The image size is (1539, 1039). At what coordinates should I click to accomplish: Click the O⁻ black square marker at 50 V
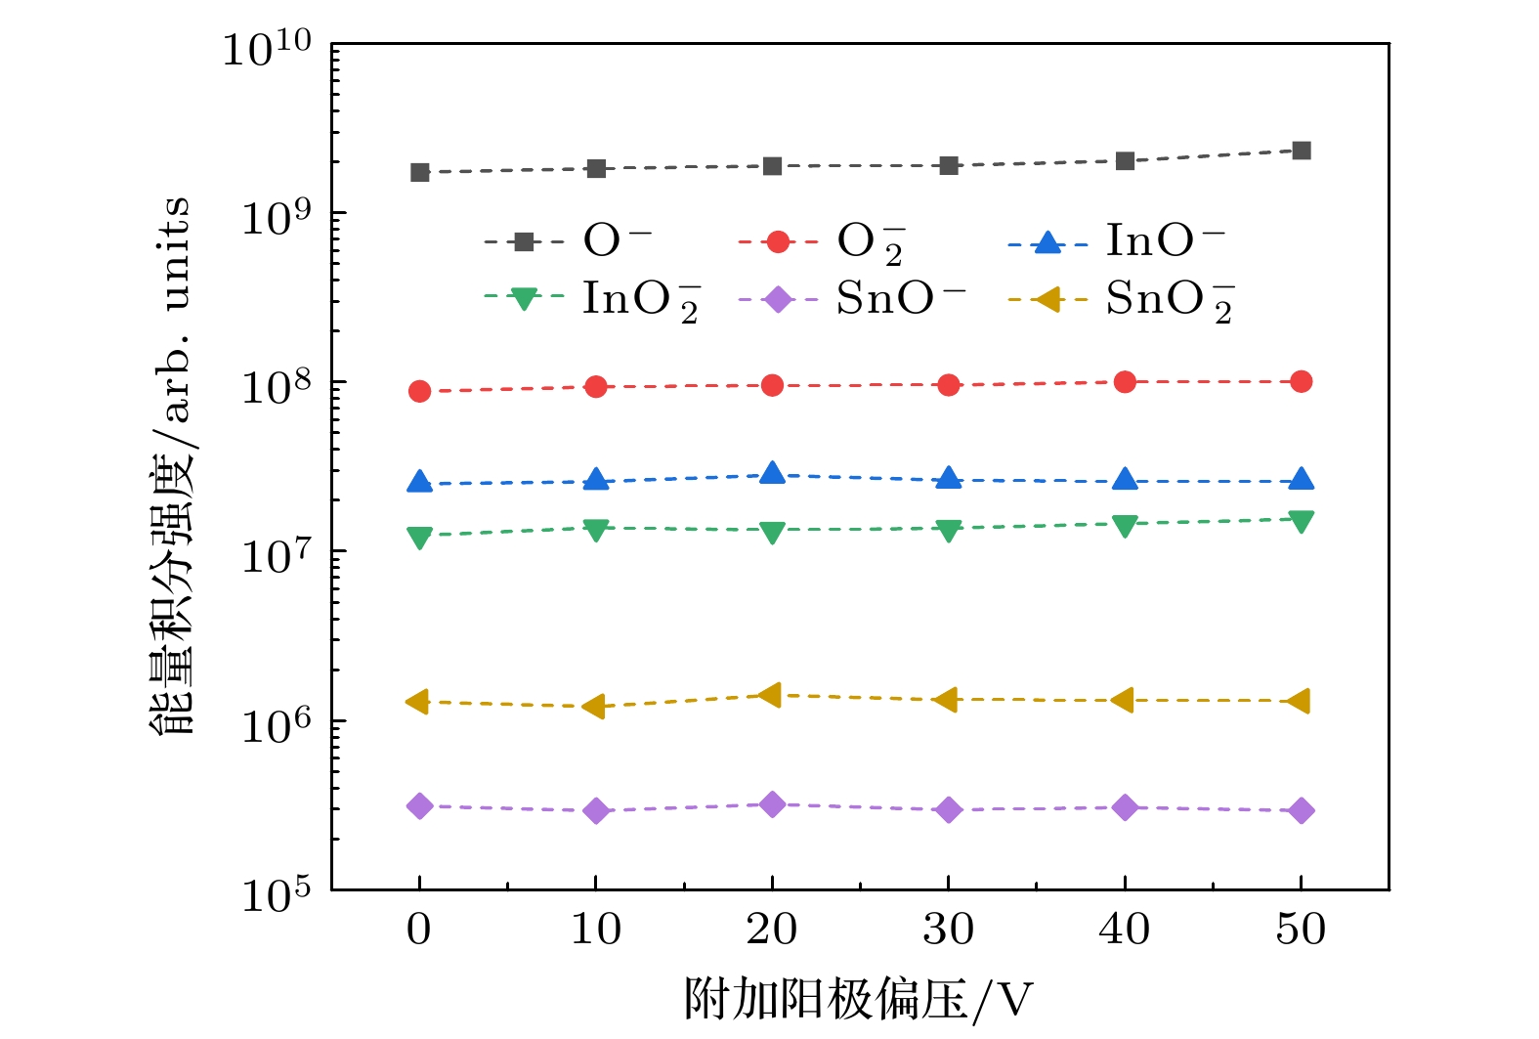coord(1301,151)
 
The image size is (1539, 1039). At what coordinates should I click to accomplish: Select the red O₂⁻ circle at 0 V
coord(419,391)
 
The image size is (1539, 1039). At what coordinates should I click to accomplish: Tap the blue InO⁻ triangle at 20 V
coord(772,474)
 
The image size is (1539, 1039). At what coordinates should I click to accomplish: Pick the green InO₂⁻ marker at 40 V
coord(1125,526)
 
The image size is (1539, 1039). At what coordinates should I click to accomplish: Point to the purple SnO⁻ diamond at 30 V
coord(948,810)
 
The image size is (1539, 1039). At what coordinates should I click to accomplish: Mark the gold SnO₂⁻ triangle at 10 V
coord(595,707)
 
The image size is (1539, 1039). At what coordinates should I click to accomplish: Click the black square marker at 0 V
coord(419,173)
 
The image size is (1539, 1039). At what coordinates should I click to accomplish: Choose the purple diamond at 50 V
coord(1301,810)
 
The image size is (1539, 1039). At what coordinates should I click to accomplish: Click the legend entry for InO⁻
coord(1164,240)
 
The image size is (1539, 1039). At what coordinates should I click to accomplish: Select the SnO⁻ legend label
coord(900,299)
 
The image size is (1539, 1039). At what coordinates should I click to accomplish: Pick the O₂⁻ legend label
coord(870,241)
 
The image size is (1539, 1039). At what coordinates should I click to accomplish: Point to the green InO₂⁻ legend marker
coord(524,299)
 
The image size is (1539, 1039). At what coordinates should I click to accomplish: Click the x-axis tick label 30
coord(948,930)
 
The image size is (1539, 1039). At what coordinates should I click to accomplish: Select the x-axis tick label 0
coord(419,930)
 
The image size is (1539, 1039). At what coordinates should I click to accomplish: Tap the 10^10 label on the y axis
coord(266,49)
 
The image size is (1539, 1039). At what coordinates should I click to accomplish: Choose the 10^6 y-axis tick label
coord(276,725)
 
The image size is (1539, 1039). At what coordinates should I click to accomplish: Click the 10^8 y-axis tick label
coord(276,387)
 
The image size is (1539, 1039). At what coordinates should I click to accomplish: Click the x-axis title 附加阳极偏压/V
coord(857,999)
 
